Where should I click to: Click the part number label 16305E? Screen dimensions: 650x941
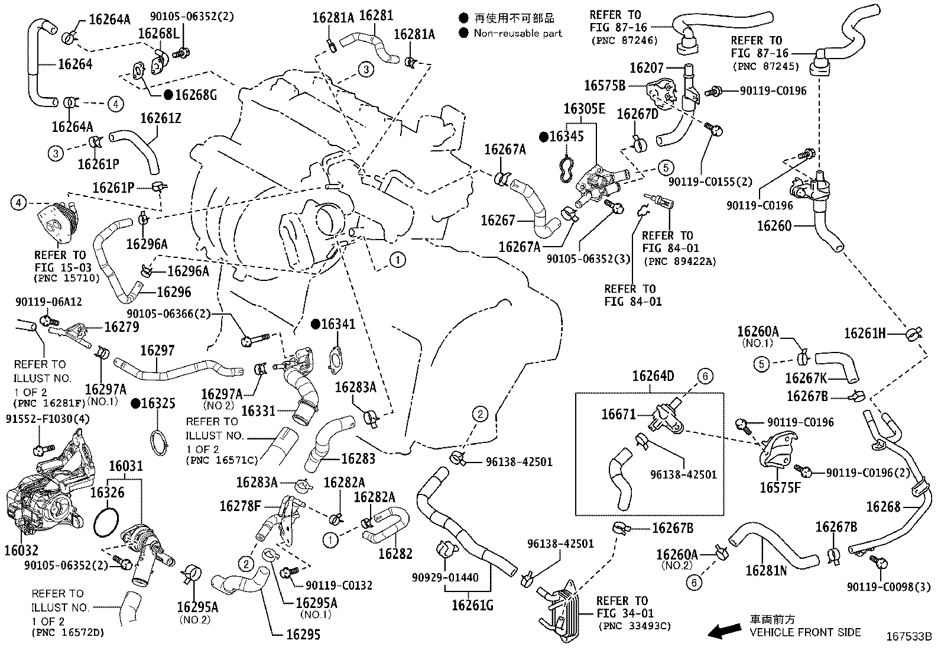tap(584, 109)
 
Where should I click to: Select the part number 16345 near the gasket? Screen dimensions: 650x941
tap(566, 137)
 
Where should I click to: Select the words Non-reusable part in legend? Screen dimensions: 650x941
tap(518, 33)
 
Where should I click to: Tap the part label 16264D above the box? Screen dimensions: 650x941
tap(653, 376)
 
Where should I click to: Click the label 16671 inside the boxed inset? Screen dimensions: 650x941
tap(618, 414)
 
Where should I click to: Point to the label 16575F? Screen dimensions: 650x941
tap(780, 487)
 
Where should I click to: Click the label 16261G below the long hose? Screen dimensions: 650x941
tap(472, 605)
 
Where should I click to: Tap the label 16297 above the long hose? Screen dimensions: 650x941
tap(157, 350)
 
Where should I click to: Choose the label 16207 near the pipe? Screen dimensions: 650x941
tap(647, 68)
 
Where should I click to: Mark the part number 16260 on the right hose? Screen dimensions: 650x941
tap(774, 226)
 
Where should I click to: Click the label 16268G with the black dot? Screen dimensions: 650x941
tap(196, 94)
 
